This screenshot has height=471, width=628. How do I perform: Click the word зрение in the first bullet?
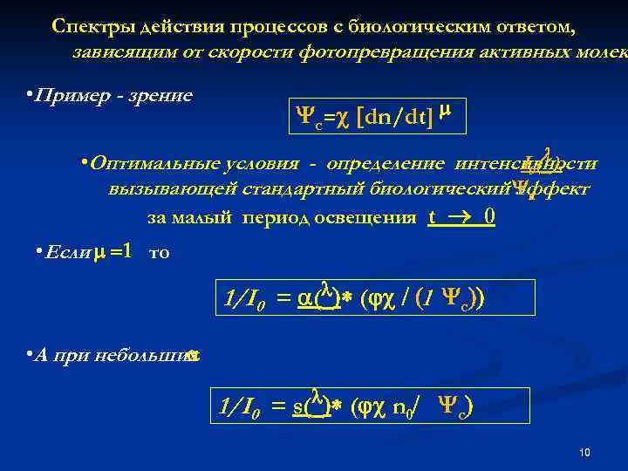click(x=162, y=95)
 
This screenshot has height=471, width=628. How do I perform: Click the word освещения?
click(x=366, y=217)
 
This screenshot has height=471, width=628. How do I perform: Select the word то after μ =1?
click(x=160, y=253)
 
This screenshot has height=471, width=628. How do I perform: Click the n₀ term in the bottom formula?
click(x=404, y=406)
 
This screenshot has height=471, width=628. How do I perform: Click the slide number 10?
click(x=584, y=453)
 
